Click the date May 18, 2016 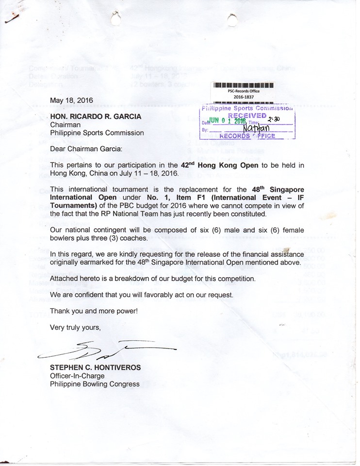tap(72, 100)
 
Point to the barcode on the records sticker tap(244, 86)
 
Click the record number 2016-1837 tap(244, 97)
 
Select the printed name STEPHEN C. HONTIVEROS tap(95, 367)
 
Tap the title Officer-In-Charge tap(77, 376)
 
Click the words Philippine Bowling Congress tap(95, 384)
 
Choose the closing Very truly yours tap(76, 328)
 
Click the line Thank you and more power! tap(94, 311)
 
